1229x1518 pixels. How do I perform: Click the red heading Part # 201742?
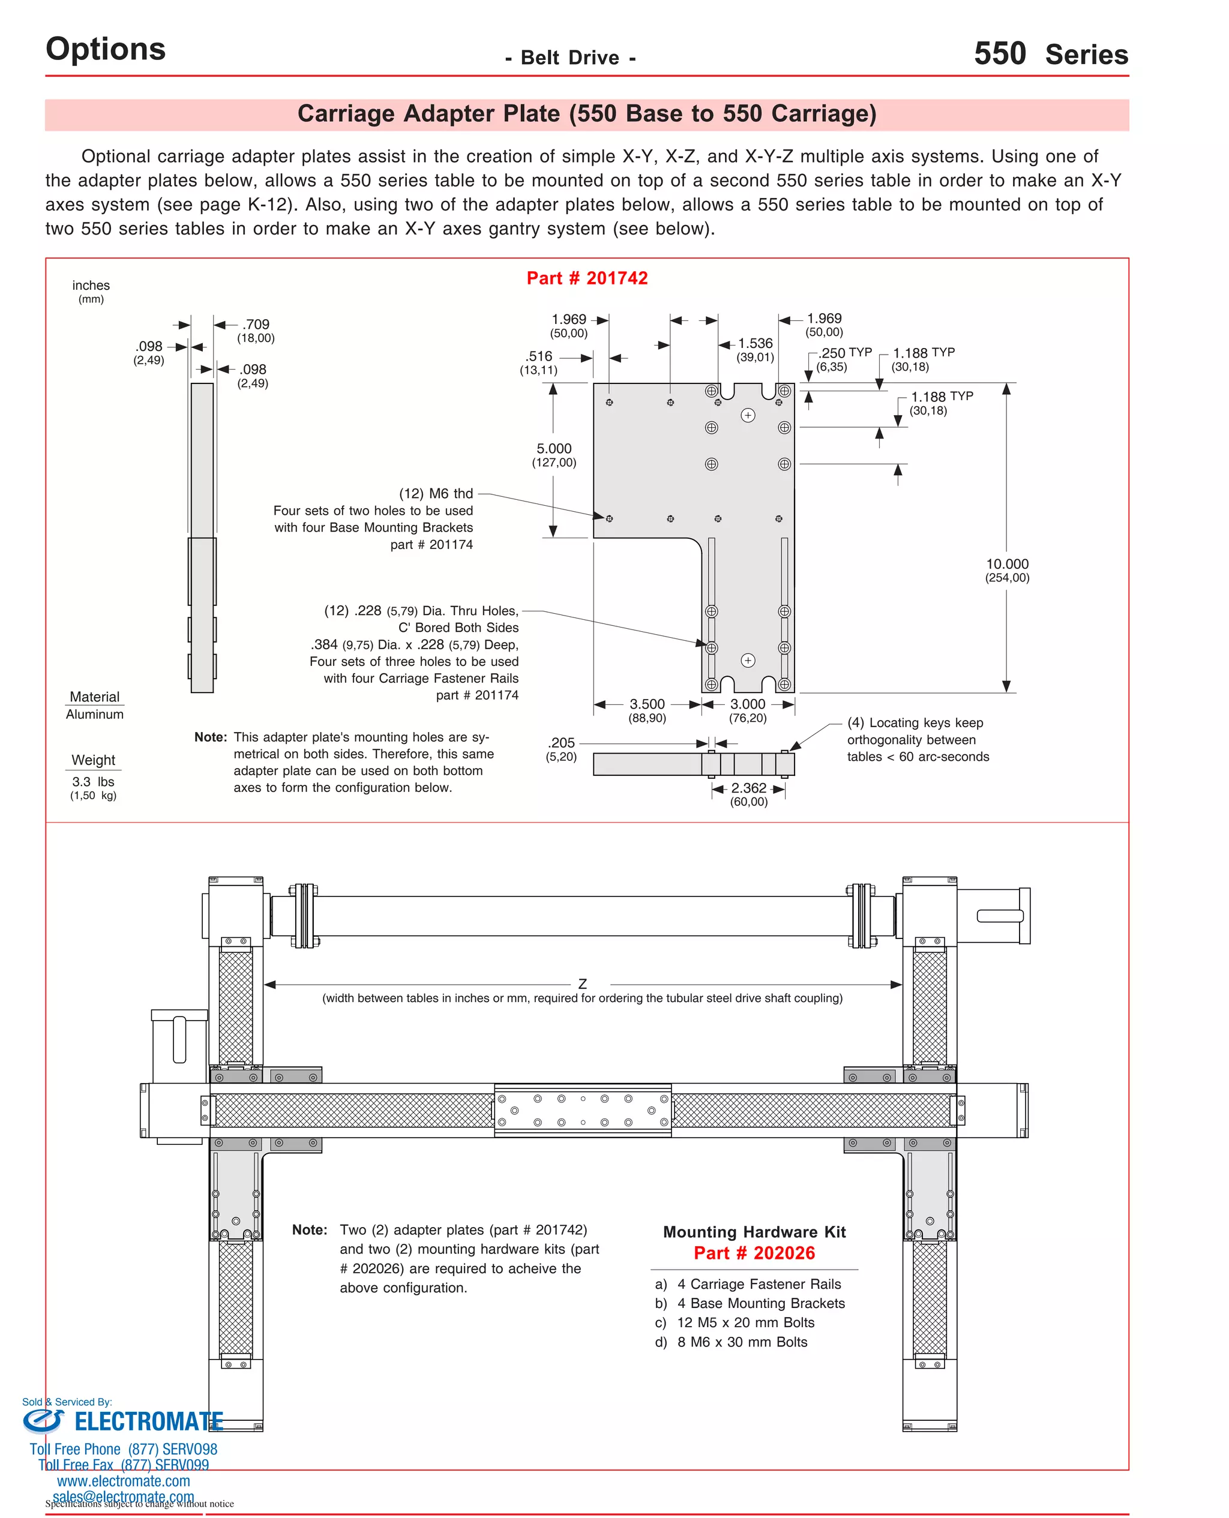(587, 278)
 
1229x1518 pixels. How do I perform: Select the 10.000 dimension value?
(1007, 564)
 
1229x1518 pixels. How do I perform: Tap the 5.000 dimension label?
(554, 449)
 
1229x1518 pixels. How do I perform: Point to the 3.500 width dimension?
(647, 704)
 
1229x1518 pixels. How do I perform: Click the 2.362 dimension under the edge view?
(748, 788)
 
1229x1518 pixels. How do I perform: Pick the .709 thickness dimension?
(256, 324)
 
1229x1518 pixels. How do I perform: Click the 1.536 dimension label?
(756, 343)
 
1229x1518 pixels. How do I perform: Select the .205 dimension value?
(562, 743)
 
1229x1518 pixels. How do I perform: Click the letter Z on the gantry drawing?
(582, 985)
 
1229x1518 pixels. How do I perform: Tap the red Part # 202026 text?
(754, 1253)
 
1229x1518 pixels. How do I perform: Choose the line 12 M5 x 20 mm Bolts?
(745, 1322)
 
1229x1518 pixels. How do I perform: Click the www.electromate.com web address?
(123, 1481)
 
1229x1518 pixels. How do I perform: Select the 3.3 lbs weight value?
(93, 782)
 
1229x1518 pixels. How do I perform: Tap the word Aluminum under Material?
(94, 715)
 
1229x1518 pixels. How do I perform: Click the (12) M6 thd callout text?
(436, 493)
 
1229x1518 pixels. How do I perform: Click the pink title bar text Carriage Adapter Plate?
(586, 114)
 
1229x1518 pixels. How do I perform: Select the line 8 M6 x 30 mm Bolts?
(741, 1342)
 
